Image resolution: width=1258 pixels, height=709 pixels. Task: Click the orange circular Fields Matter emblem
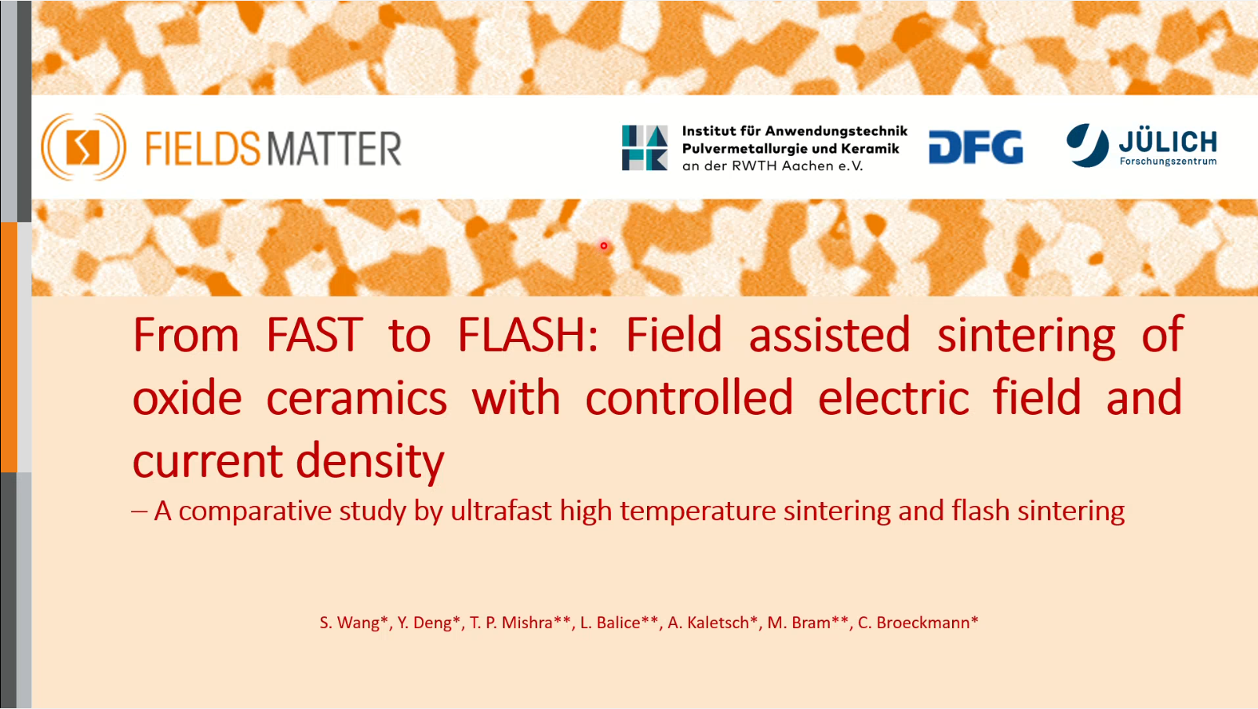[x=83, y=147]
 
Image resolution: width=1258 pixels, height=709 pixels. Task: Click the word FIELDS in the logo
[x=203, y=149]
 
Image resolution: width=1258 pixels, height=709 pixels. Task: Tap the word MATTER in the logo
[x=334, y=149]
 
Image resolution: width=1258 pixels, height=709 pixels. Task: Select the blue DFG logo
[x=976, y=147]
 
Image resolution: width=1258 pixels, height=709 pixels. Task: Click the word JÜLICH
[x=1168, y=142]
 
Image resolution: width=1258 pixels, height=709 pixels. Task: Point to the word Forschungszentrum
[x=1168, y=162]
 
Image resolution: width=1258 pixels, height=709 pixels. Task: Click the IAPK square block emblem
[x=645, y=147]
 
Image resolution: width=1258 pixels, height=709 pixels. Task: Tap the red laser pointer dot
[x=604, y=245]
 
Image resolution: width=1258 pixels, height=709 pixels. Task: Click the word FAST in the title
[x=314, y=335]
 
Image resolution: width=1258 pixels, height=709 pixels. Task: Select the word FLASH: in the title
[x=527, y=335]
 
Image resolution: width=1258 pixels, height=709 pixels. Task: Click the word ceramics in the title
[x=357, y=398]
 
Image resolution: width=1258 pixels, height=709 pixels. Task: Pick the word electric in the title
[x=893, y=398]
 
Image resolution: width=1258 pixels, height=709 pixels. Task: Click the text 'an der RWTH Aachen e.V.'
[x=773, y=165]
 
